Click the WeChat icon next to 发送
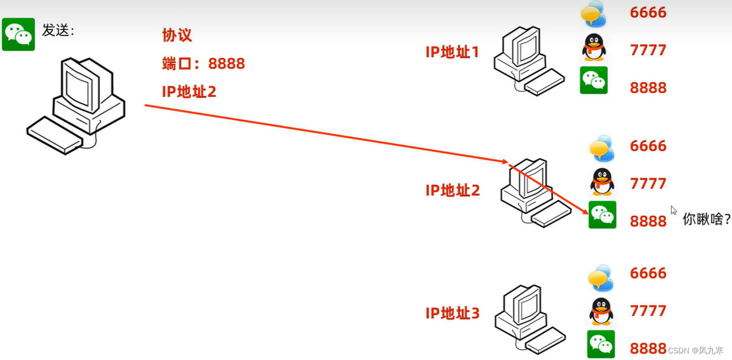(x=18, y=34)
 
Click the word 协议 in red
(x=177, y=36)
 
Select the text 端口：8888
(x=203, y=63)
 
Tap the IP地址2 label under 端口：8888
(x=189, y=92)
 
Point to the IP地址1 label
(x=452, y=52)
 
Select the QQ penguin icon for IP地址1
(x=593, y=48)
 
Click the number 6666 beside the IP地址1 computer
(x=648, y=12)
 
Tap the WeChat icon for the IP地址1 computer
(x=593, y=80)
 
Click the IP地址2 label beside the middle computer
(x=452, y=190)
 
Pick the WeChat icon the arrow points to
(x=602, y=215)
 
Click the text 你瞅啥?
(x=706, y=219)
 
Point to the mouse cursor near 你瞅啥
(x=673, y=210)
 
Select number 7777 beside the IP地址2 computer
(x=648, y=183)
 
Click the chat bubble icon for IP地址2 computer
(x=602, y=148)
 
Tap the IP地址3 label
(x=452, y=313)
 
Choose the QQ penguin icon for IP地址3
(x=601, y=311)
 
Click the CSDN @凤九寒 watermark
(x=695, y=351)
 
